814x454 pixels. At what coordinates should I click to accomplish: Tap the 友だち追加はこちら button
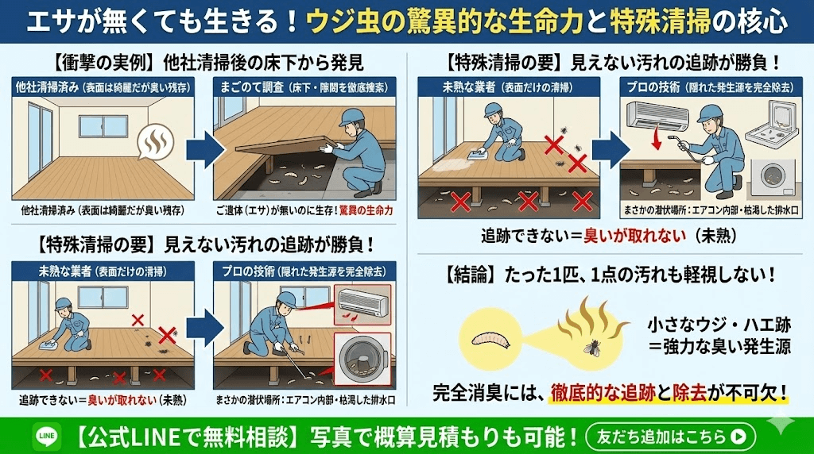pos(669,436)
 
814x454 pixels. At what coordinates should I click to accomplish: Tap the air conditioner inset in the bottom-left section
pos(362,302)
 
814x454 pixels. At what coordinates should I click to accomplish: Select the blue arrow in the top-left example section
pos(200,148)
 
